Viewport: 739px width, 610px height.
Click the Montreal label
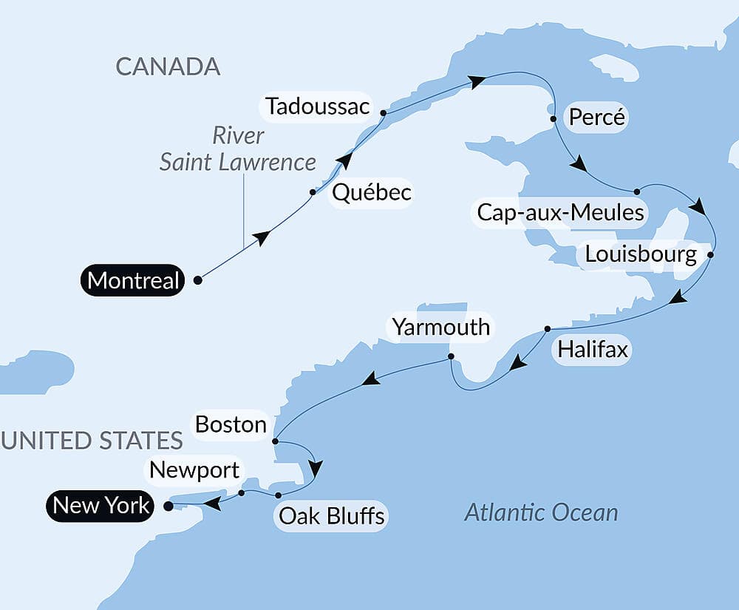pyautogui.click(x=133, y=280)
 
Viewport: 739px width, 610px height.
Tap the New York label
pyautogui.click(x=102, y=506)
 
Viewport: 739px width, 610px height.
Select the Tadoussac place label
pyautogui.click(x=318, y=107)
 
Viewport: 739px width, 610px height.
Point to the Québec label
pyautogui.click(x=372, y=193)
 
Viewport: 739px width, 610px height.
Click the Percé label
pyautogui.click(x=597, y=118)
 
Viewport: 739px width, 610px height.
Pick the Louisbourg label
pyautogui.click(x=640, y=255)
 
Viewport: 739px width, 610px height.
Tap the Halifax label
pyautogui.click(x=593, y=349)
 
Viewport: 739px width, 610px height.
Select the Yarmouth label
pyautogui.click(x=441, y=327)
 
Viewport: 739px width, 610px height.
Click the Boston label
pyautogui.click(x=231, y=424)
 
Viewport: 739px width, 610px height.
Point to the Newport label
pyautogui.click(x=194, y=470)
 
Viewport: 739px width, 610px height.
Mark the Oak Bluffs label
pyautogui.click(x=330, y=515)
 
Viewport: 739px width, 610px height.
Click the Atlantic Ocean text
pyautogui.click(x=541, y=512)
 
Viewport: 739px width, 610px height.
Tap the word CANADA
pyautogui.click(x=168, y=67)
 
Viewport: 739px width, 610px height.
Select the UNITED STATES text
pyautogui.click(x=92, y=441)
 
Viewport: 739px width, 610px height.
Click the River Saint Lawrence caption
pyautogui.click(x=238, y=149)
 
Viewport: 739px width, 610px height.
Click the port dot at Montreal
pyautogui.click(x=197, y=280)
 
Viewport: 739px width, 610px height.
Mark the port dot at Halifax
pyautogui.click(x=548, y=328)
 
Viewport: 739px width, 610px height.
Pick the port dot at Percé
pyautogui.click(x=553, y=118)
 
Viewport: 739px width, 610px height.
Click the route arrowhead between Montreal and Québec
pyautogui.click(x=261, y=237)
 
